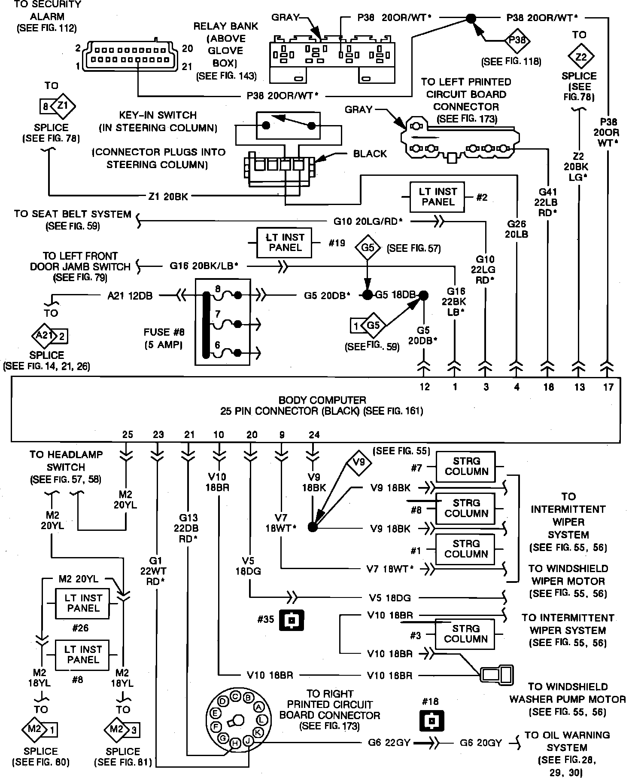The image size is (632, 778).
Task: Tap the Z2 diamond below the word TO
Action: click(580, 57)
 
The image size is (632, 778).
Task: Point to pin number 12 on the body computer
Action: click(425, 387)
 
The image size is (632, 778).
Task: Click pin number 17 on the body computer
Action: click(608, 387)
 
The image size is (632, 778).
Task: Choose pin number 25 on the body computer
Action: click(128, 435)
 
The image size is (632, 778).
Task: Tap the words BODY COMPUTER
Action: click(322, 400)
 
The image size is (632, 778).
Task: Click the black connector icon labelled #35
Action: click(292, 620)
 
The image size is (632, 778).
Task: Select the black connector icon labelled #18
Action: click(431, 721)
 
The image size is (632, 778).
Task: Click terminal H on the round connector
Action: click(235, 742)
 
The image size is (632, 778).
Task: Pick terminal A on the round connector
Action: click(258, 706)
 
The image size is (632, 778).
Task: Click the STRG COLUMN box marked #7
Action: click(466, 466)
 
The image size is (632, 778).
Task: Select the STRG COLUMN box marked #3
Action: click(465, 634)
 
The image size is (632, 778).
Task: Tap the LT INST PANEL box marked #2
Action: click(437, 197)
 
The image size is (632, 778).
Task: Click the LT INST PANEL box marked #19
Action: click(284, 242)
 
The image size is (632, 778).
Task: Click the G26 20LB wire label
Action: click(517, 229)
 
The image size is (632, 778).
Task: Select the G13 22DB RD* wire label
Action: click(188, 528)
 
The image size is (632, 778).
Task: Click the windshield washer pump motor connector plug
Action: click(497, 674)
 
